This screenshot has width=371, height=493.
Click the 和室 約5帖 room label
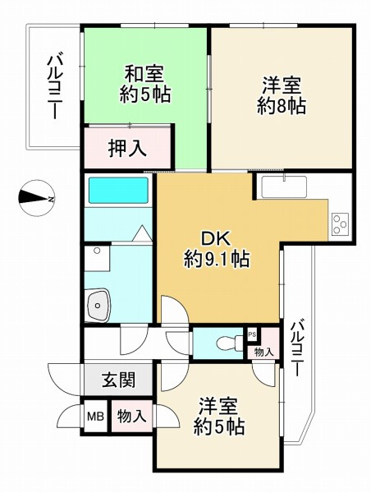click(x=144, y=83)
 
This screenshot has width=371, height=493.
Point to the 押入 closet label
click(x=127, y=149)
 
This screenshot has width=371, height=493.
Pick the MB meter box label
click(x=95, y=417)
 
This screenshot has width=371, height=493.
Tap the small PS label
click(x=252, y=334)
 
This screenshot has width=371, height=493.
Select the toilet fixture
click(x=222, y=343)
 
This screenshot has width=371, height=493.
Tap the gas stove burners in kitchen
click(x=340, y=221)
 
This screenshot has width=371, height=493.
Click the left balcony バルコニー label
click(x=54, y=87)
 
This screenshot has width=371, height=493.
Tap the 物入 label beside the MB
click(x=131, y=417)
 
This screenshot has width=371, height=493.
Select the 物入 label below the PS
click(x=263, y=352)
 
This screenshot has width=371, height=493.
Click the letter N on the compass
click(x=50, y=200)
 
